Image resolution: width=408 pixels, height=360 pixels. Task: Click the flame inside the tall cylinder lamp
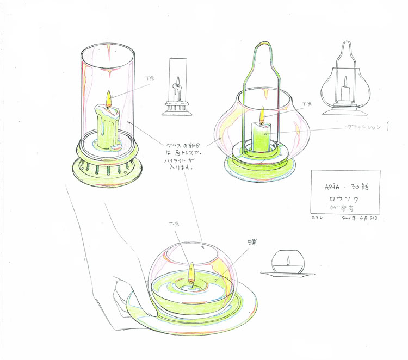tap(108, 99)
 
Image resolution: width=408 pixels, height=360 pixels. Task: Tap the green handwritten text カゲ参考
tap(343, 208)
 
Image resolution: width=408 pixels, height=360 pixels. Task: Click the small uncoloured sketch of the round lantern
tap(344, 82)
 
